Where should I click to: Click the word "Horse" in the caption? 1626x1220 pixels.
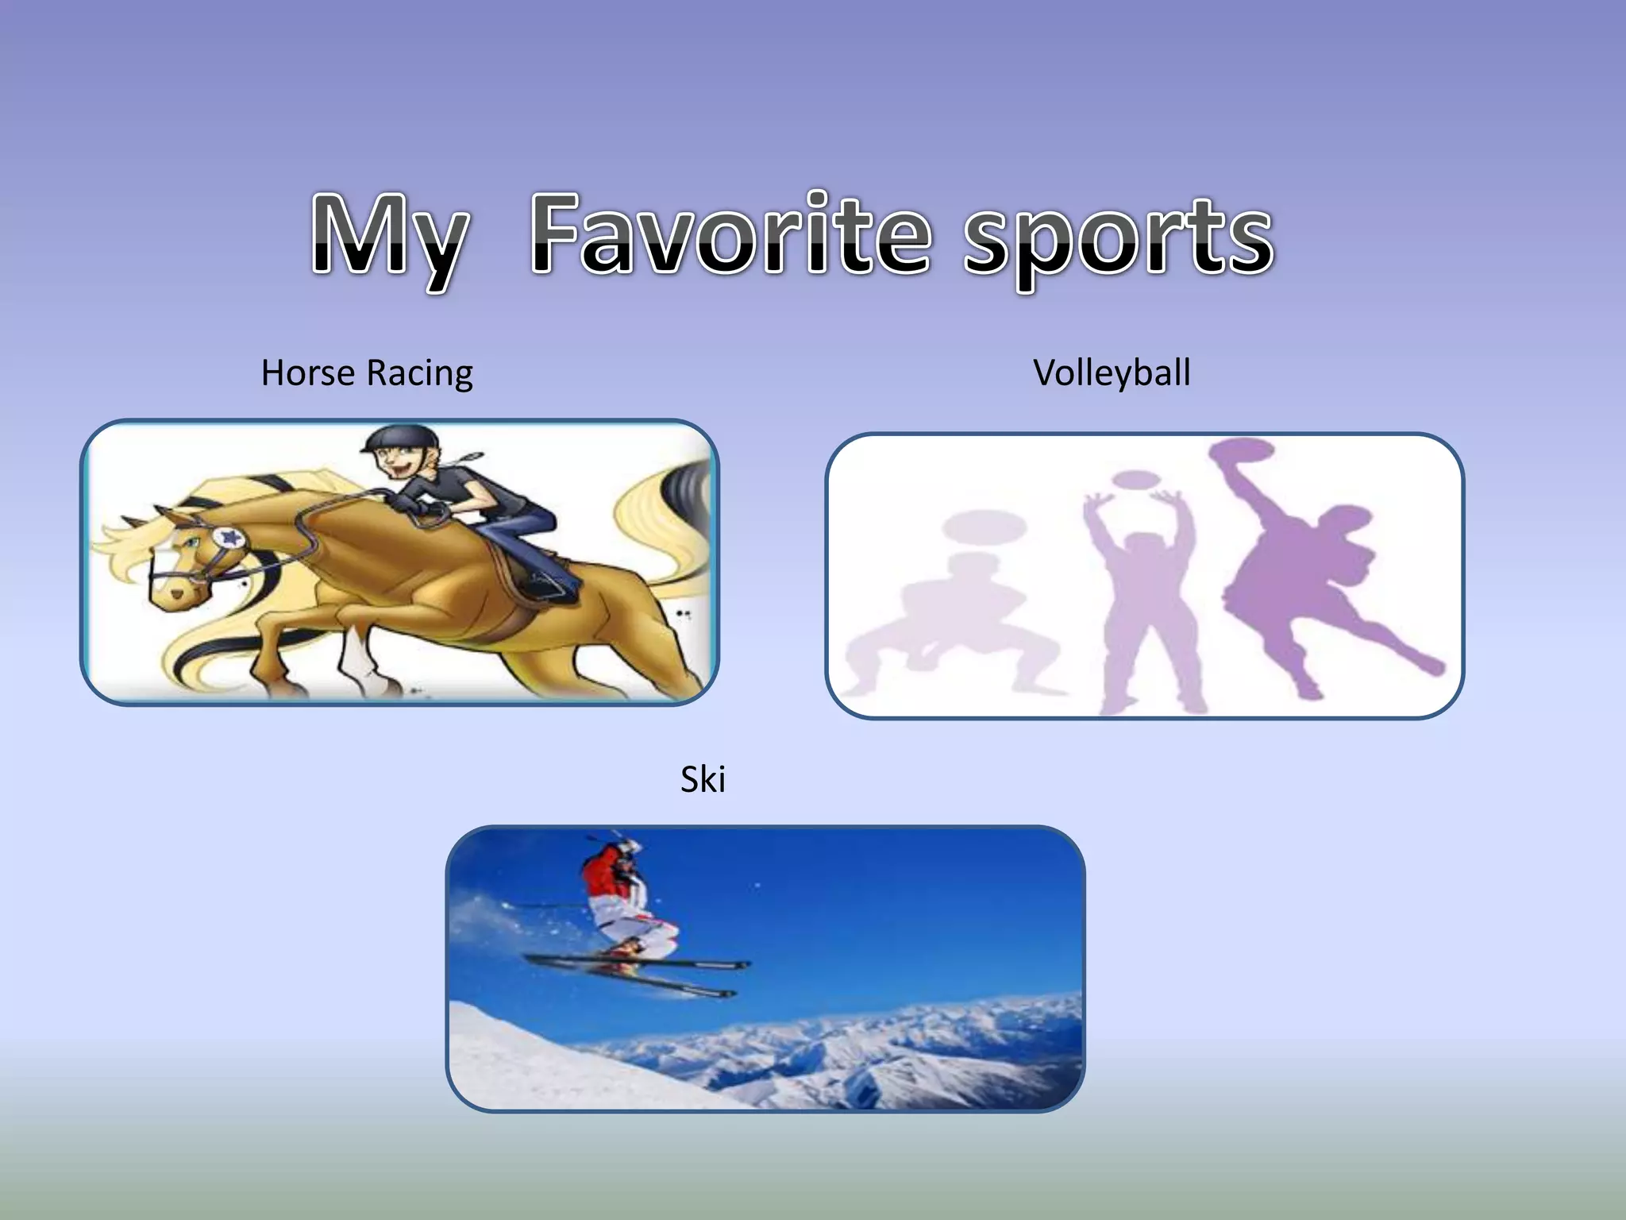tap(308, 373)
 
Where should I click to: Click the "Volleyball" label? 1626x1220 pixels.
tap(1112, 373)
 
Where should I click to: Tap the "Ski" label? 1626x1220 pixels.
tap(703, 779)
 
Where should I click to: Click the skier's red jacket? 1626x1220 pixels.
tap(607, 870)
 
